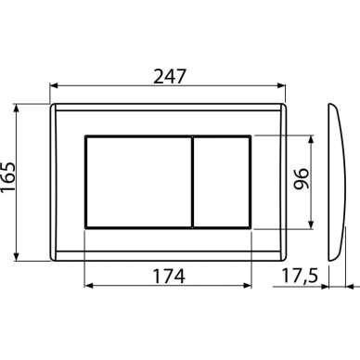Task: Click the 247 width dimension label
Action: pyautogui.click(x=170, y=77)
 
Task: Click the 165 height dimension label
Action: pyautogui.click(x=7, y=178)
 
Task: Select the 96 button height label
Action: pyautogui.click(x=301, y=179)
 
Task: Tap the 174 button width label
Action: pyautogui.click(x=169, y=276)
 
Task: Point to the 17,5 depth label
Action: pyautogui.click(x=300, y=276)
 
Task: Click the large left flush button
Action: pyautogui.click(x=138, y=182)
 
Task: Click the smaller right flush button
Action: pyautogui.click(x=222, y=182)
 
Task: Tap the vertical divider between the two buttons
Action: pyautogui.click(x=192, y=182)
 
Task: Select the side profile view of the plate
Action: pyautogui.click(x=337, y=183)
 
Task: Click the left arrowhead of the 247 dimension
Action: pyautogui.click(x=54, y=85)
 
